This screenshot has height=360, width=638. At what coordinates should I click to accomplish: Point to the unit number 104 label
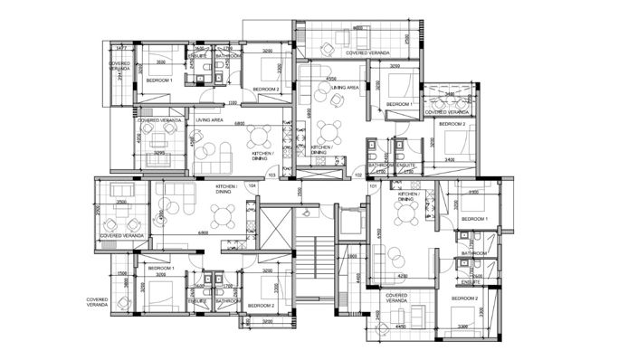pyautogui.click(x=252, y=185)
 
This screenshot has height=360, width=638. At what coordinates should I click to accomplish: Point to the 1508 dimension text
pyautogui.click(x=121, y=272)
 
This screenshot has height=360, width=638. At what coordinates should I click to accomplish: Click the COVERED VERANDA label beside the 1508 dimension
pyautogui.click(x=99, y=302)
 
